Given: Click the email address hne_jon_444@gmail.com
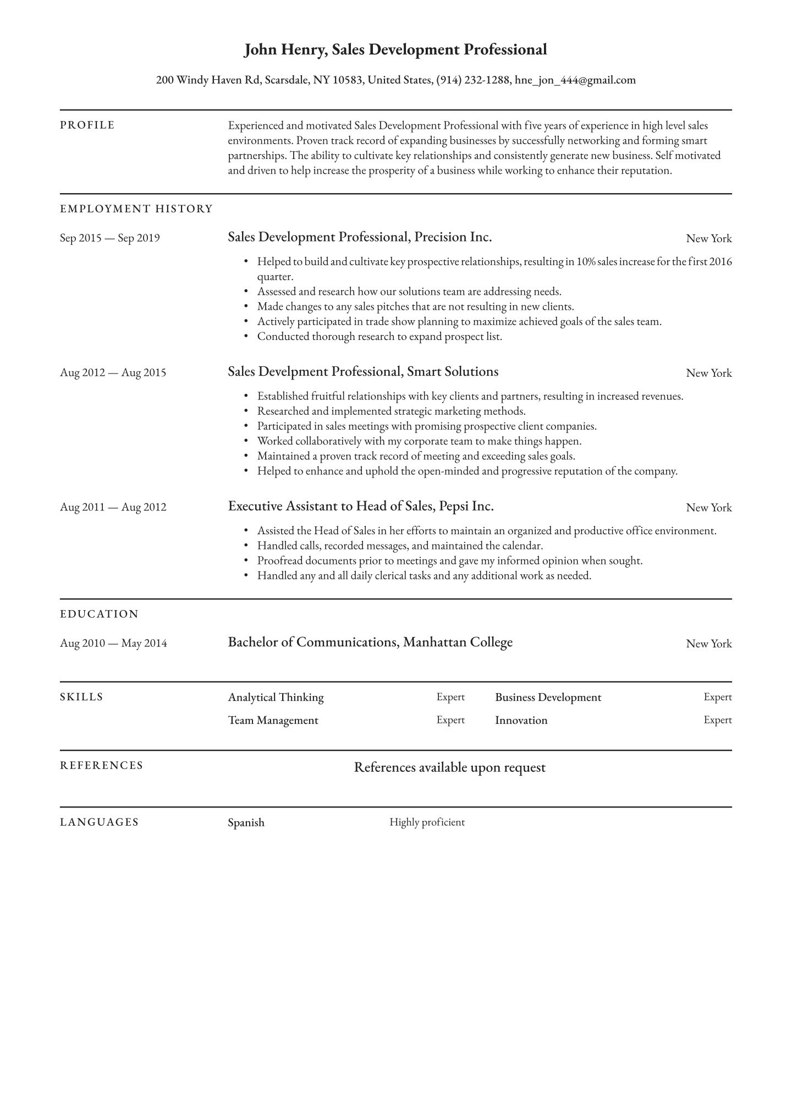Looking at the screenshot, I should click(x=575, y=80).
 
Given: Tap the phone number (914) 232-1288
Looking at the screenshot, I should click(x=473, y=80).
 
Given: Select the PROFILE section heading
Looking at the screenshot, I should click(x=87, y=125).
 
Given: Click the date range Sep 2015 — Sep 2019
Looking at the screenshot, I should click(x=110, y=238).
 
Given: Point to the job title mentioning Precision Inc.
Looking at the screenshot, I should click(x=360, y=237).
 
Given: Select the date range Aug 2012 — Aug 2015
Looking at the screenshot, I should click(x=113, y=373).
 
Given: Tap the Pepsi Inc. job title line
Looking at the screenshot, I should click(x=361, y=506).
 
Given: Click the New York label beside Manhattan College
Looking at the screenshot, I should click(x=708, y=644).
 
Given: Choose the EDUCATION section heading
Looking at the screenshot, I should click(x=100, y=614).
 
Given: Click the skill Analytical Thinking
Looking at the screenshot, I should click(x=276, y=698).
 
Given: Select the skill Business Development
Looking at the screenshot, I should click(x=548, y=698).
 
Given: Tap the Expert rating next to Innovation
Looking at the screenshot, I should click(x=717, y=720).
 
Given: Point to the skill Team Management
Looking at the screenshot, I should click(x=273, y=721).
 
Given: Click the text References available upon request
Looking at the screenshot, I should click(x=449, y=767).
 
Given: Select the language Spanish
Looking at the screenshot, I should click(x=246, y=823).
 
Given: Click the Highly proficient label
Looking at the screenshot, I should click(x=427, y=822).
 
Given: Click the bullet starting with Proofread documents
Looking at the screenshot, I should click(x=449, y=561).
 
